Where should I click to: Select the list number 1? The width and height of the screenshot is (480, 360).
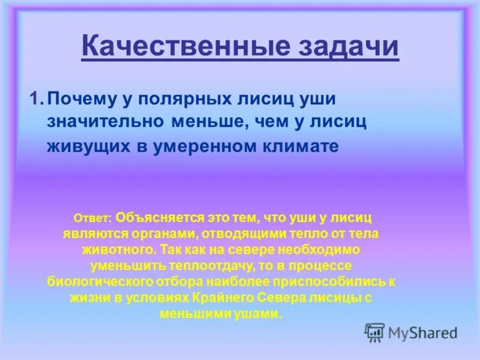click(35, 98)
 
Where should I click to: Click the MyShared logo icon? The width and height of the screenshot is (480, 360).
click(375, 332)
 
